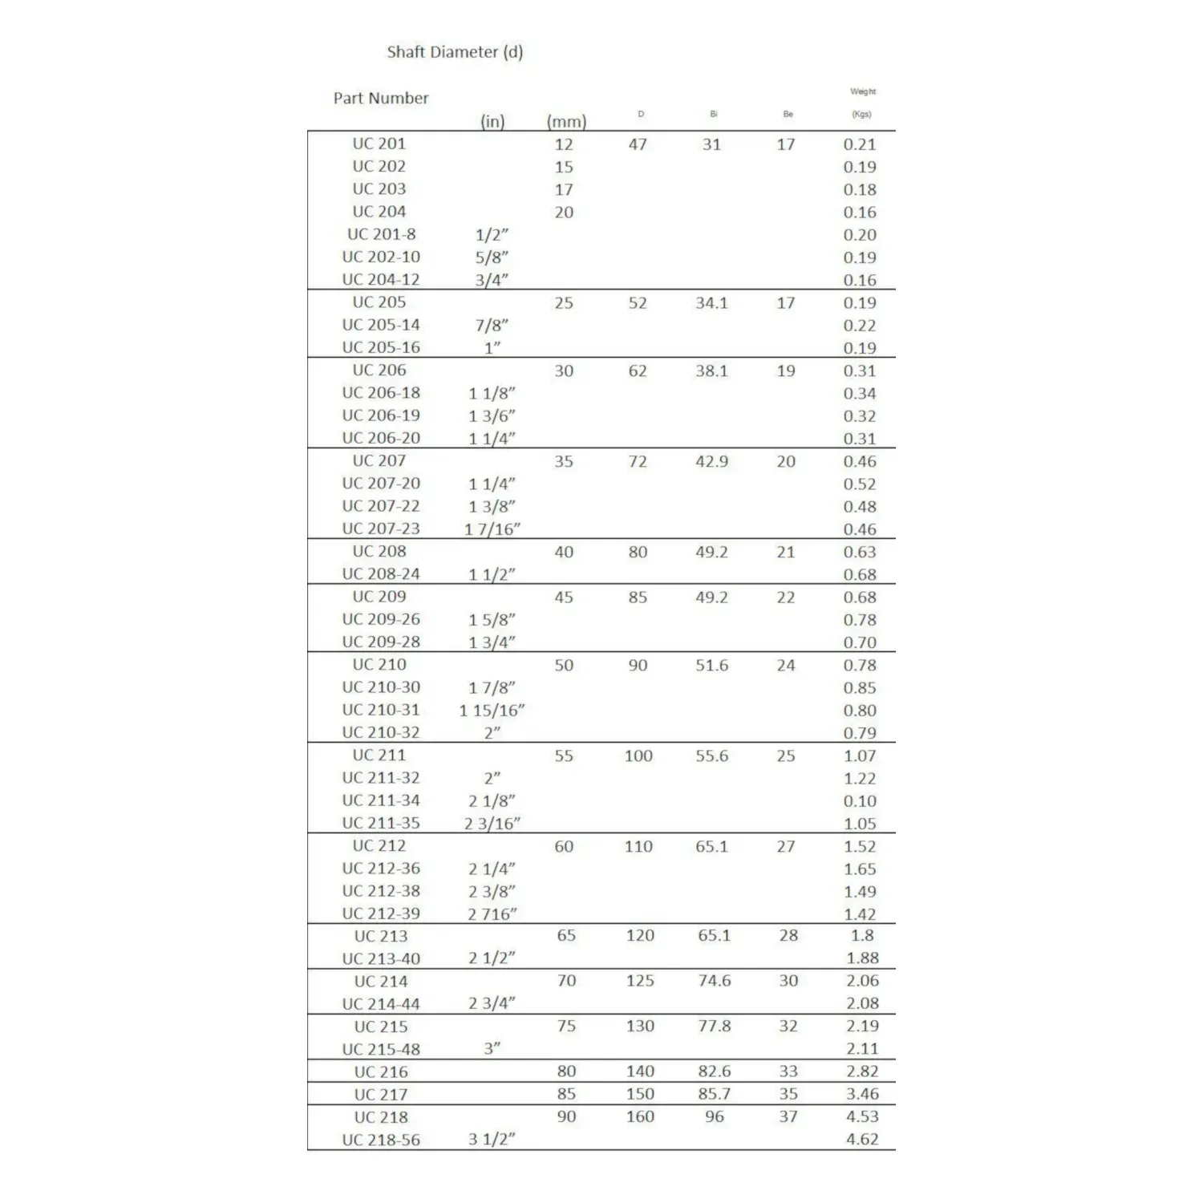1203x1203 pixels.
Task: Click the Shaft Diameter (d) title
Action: coord(455,52)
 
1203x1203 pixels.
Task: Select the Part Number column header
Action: coord(381,98)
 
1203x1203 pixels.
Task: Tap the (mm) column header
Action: coord(566,121)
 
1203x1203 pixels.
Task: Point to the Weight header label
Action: coord(863,91)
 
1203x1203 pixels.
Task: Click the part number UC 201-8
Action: coord(381,234)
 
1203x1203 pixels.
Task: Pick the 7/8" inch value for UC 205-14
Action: coord(492,326)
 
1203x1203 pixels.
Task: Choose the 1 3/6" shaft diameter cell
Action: coord(492,416)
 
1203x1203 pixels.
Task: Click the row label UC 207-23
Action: coord(381,529)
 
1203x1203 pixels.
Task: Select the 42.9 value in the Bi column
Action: coord(711,461)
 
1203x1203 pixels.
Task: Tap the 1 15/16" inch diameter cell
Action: coord(492,711)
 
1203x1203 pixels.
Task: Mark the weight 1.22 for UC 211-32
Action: coord(860,778)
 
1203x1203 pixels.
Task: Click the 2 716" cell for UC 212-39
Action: coord(492,914)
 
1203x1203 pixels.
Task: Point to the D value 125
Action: coord(640,981)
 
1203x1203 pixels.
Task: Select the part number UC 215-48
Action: coord(381,1049)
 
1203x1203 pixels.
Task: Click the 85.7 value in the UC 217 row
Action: coord(714,1094)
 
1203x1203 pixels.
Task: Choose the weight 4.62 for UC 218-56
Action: coord(862,1139)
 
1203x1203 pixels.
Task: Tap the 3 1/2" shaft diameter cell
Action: coord(492,1140)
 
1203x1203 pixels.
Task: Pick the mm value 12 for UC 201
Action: coord(564,144)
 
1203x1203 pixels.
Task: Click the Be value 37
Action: coord(788,1116)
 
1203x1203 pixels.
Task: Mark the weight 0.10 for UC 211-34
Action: coord(860,801)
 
